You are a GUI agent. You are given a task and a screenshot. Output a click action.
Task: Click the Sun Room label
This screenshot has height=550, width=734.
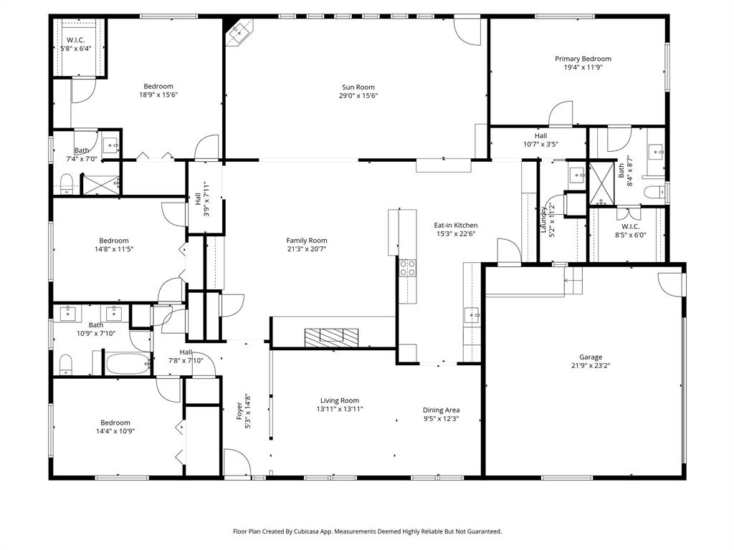coord(359,87)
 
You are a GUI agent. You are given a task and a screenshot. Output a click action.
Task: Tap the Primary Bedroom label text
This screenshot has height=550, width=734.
coord(583,59)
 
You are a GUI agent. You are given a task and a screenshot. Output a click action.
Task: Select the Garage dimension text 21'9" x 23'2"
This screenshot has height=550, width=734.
coord(591,365)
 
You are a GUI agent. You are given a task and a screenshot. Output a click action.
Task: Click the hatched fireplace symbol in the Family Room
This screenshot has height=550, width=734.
coord(331,337)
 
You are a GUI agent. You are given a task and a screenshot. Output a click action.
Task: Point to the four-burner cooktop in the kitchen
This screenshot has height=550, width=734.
coord(407,268)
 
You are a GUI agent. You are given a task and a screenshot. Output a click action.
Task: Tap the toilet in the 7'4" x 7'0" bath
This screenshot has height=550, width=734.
coord(65,180)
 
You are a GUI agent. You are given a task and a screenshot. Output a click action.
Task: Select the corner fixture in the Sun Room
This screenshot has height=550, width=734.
coord(239,33)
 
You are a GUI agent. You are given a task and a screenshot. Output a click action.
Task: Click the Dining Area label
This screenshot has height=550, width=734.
coord(441,410)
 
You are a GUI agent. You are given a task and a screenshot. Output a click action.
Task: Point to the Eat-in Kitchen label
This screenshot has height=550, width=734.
coord(455,225)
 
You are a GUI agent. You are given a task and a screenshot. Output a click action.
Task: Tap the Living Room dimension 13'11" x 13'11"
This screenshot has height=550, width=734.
coord(340,409)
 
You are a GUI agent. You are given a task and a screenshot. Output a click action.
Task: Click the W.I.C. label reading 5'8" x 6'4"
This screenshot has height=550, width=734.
coord(76,49)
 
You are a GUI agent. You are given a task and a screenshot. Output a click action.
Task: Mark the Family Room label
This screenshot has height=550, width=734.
coord(307,241)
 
